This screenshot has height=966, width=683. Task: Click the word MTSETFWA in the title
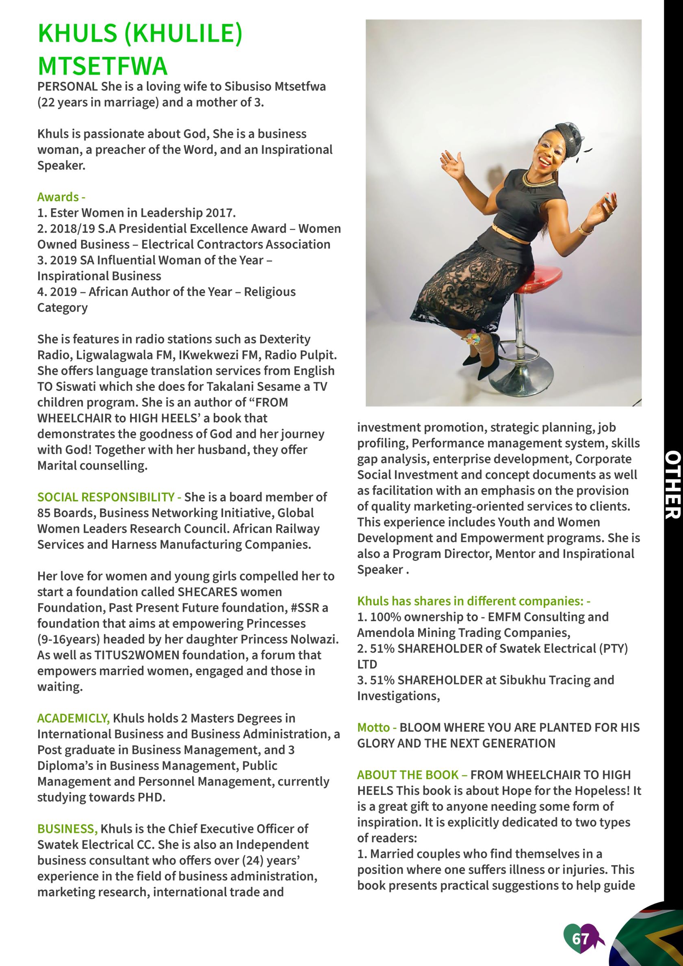pyautogui.click(x=103, y=66)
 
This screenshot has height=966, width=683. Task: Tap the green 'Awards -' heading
pyautogui.click(x=61, y=197)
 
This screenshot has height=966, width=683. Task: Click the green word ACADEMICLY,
pyautogui.click(x=74, y=718)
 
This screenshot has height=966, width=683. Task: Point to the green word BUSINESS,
pyautogui.click(x=67, y=829)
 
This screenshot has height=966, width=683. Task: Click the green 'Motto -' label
pyautogui.click(x=377, y=728)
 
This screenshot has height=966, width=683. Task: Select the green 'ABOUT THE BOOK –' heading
pyautogui.click(x=412, y=775)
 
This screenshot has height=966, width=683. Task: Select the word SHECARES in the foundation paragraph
pyautogui.click(x=208, y=592)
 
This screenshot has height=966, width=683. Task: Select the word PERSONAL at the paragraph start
pyautogui.click(x=67, y=87)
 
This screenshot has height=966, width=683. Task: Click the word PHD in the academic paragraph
pyautogui.click(x=150, y=797)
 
